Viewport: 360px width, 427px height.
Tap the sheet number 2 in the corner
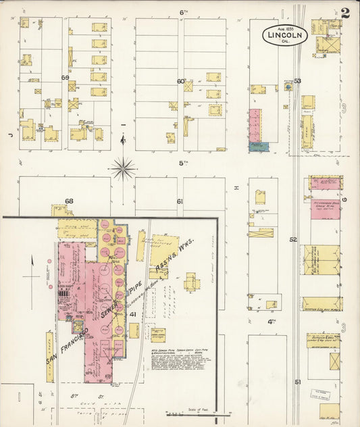pos(345,12)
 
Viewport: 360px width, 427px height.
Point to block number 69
pos(66,78)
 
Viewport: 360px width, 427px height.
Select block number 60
pos(181,82)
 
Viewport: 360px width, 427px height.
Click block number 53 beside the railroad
pos(297,81)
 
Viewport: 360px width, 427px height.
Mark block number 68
pos(69,201)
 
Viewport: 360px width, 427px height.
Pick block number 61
pos(180,201)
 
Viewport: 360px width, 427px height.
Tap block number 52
pos(293,239)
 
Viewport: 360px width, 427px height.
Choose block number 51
pos(297,382)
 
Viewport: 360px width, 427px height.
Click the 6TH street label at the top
pos(183,12)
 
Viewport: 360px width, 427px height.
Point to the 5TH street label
pos(182,163)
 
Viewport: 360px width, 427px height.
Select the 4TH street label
pos(272,322)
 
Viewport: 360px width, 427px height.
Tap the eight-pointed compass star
pos(123,168)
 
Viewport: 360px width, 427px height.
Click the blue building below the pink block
pos(258,146)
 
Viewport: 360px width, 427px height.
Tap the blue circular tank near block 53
pos(288,86)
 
